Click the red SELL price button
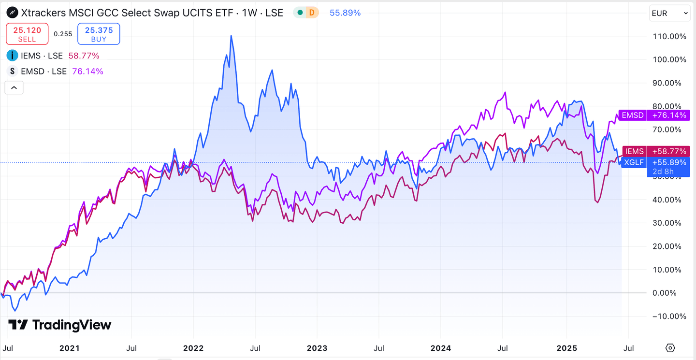tap(27, 34)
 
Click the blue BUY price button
tap(99, 34)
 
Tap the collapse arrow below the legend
tap(14, 87)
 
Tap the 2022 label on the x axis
tap(193, 348)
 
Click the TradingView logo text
tap(71, 325)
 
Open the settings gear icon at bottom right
tap(670, 348)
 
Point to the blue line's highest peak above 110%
tap(232, 36)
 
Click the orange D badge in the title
tap(312, 13)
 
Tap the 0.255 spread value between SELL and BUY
tap(63, 34)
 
